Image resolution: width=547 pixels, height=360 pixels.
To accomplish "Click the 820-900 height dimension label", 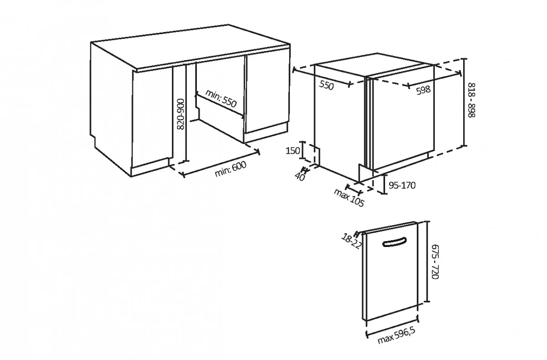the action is click(x=181, y=114).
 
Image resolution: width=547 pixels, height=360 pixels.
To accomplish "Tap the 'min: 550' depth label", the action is click(x=221, y=98).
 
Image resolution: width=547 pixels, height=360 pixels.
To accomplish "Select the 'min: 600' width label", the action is click(x=231, y=169).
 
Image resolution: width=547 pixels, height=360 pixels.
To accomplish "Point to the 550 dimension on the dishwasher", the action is click(x=326, y=85).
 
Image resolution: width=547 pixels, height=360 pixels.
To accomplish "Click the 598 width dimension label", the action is click(x=423, y=90).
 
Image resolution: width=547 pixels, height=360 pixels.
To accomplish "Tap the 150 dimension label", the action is click(x=293, y=150).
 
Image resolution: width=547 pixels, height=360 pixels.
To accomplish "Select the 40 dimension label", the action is click(x=300, y=176).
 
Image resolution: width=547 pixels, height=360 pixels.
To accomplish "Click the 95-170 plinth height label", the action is click(x=402, y=185).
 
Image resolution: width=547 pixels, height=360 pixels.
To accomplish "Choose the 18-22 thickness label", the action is click(x=351, y=241).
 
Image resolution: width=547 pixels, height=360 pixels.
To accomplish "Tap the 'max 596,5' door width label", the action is click(x=396, y=335).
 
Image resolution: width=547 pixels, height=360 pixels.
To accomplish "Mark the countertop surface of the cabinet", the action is click(x=191, y=46).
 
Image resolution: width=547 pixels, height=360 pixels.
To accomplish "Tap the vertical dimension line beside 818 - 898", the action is click(x=464, y=103).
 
